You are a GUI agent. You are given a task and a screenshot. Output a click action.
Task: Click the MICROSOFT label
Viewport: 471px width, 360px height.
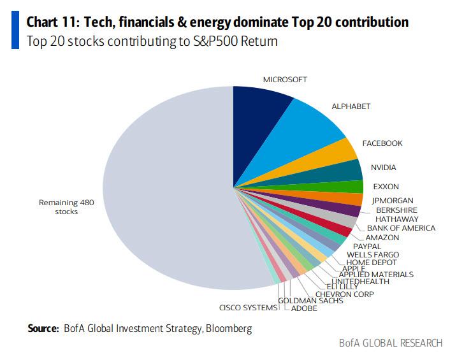[285, 80]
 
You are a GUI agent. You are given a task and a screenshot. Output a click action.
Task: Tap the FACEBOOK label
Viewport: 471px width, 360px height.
[382, 144]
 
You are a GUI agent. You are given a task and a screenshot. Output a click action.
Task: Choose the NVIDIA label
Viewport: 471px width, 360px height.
[383, 168]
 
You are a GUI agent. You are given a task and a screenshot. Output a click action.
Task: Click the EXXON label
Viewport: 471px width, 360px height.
[386, 186]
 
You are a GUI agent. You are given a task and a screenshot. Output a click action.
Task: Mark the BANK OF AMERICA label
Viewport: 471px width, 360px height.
[401, 228]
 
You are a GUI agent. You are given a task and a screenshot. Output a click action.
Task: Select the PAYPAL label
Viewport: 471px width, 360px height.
[367, 246]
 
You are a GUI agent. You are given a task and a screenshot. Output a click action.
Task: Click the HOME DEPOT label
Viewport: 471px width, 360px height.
[371, 263]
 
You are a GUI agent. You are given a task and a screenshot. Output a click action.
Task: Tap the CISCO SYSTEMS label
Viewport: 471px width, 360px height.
[249, 308]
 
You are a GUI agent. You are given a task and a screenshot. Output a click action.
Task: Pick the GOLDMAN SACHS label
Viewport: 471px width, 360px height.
[310, 301]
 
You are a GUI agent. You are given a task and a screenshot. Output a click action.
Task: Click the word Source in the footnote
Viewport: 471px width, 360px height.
[43, 329]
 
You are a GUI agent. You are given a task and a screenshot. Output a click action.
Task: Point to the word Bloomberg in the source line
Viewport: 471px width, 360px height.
[231, 329]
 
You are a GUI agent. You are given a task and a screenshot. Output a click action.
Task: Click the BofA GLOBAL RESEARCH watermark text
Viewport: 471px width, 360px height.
[391, 343]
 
